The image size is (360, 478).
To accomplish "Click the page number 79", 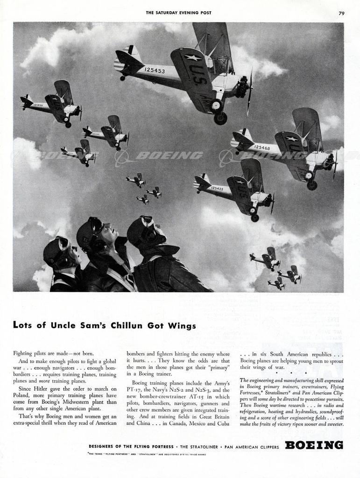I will click(x=341, y=13).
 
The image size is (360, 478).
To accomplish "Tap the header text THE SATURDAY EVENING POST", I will click(x=178, y=13).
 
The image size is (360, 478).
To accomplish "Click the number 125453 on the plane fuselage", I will click(x=155, y=70).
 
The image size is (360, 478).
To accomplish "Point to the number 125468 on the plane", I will click(x=262, y=148).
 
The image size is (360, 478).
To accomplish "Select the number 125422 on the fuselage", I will click(x=217, y=189).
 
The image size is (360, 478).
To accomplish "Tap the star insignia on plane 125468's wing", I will click(x=292, y=139).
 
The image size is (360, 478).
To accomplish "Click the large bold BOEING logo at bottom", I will click(x=314, y=445).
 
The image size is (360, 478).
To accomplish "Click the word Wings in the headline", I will click(x=184, y=326).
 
